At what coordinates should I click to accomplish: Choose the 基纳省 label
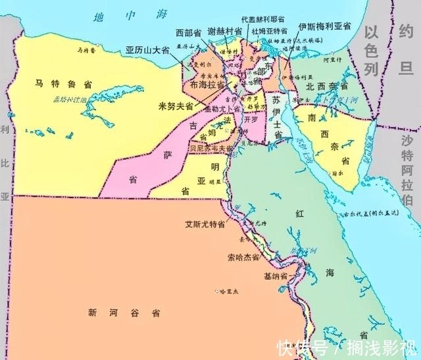276,276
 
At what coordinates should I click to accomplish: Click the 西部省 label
188,33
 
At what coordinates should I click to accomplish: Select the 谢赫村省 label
225,31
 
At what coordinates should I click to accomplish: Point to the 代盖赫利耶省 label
262,20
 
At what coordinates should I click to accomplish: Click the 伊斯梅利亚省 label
324,26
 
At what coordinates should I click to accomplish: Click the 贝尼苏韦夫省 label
210,149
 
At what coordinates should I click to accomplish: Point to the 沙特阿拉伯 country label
407,167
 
